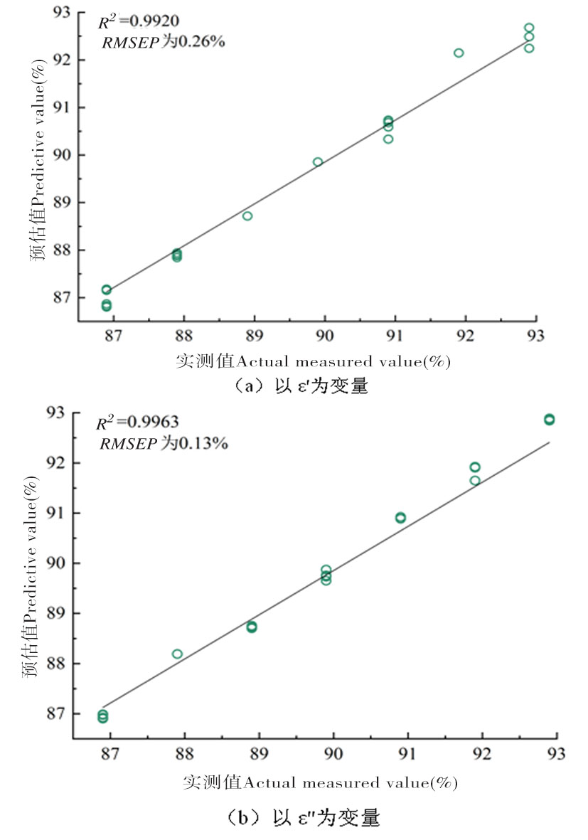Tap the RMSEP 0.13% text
pyautogui.click(x=163, y=444)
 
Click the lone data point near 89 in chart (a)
pyautogui.click(x=247, y=216)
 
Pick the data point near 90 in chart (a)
pyautogui.click(x=318, y=162)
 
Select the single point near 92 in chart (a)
pyautogui.click(x=459, y=53)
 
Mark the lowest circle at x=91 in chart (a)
pyautogui.click(x=388, y=139)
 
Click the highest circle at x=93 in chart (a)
pyautogui.click(x=529, y=28)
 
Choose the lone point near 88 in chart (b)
pyautogui.click(x=177, y=654)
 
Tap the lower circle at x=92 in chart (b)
pyautogui.click(x=475, y=480)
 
